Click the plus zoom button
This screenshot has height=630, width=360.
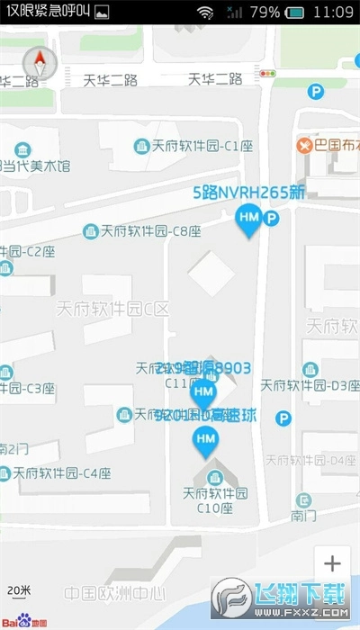[332, 564]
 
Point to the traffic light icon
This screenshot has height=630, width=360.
[268, 73]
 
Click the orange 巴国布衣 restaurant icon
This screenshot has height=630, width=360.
[304, 144]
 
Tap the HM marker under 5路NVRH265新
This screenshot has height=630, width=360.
[248, 219]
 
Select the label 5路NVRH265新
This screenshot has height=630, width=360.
[249, 192]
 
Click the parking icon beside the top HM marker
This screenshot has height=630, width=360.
[271, 218]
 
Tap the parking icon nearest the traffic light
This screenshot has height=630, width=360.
[315, 91]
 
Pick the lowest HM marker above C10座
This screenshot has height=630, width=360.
[206, 440]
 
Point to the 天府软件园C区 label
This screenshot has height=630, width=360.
[112, 309]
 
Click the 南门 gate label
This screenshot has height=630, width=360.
[301, 517]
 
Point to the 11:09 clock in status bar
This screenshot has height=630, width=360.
[334, 13]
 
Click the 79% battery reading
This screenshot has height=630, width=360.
[265, 13]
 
